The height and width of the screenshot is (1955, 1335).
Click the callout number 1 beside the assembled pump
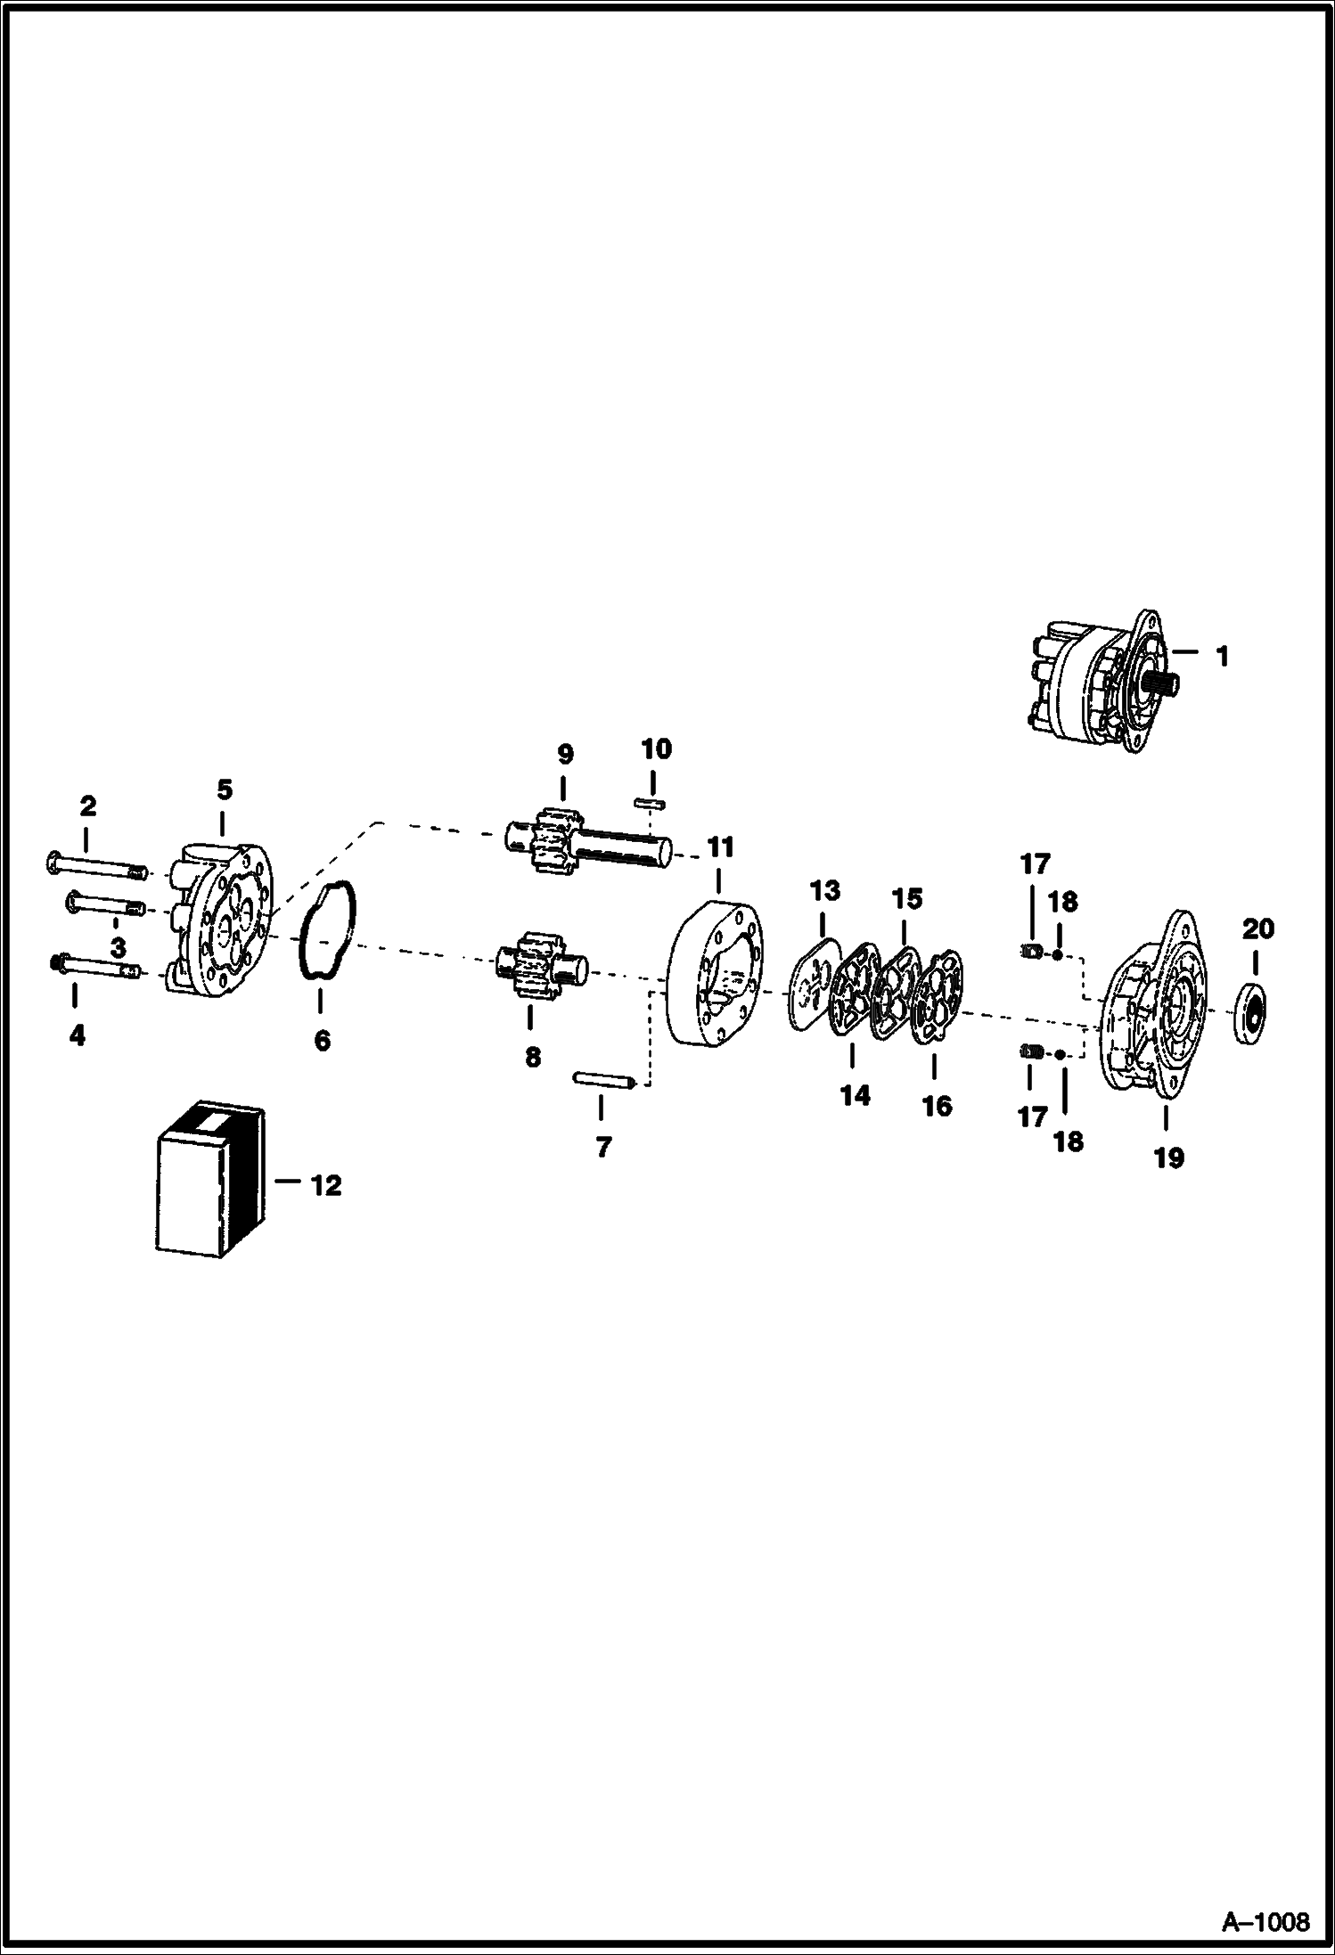1222,657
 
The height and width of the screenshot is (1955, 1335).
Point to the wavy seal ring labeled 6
328,929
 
